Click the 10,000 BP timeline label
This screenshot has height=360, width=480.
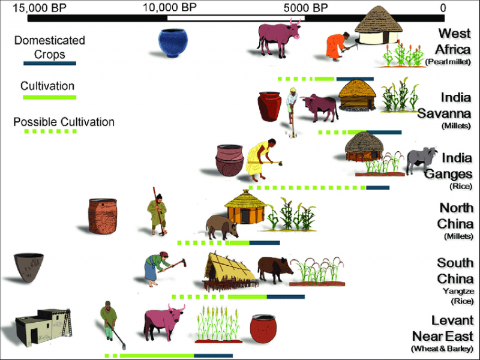pyautogui.click(x=169, y=7)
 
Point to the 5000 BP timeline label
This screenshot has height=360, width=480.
pyautogui.click(x=306, y=7)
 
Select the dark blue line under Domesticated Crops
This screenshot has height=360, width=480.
pyautogui.click(x=49, y=63)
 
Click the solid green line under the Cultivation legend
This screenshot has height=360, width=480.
pyautogui.click(x=49, y=97)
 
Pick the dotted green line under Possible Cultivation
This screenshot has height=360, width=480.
pyautogui.click(x=49, y=131)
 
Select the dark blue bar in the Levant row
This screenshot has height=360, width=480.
pyautogui.click(x=213, y=356)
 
